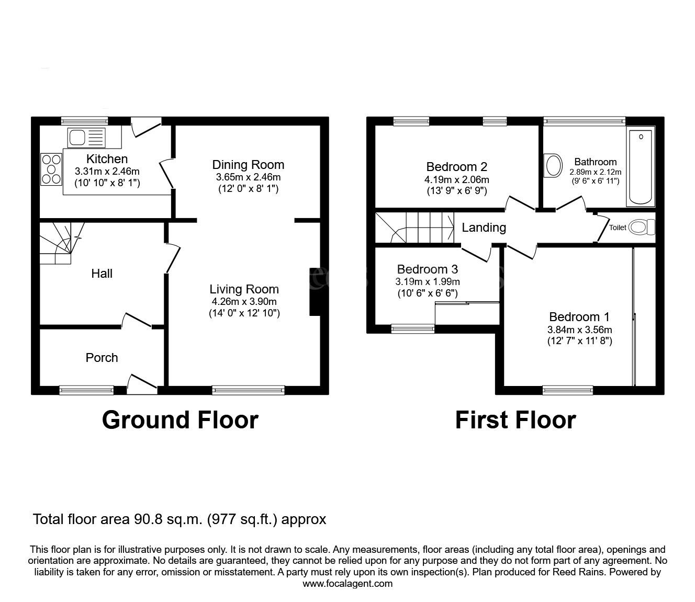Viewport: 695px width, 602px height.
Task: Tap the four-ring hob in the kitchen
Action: [x=51, y=168]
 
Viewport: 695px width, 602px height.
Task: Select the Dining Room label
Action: [x=248, y=165]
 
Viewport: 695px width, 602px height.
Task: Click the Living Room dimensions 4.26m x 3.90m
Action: [x=244, y=301]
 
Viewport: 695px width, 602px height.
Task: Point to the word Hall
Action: [x=102, y=274]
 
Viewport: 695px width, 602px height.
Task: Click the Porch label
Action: [x=102, y=358]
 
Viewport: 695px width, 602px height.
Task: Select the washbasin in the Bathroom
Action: [x=552, y=166]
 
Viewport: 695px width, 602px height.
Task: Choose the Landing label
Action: [x=484, y=228]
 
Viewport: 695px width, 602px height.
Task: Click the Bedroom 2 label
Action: [x=457, y=167]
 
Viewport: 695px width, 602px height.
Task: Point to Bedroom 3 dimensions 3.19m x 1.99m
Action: [x=427, y=281]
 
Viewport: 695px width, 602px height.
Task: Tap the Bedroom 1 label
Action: [x=579, y=317]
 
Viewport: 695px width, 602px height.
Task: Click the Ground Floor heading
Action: [x=180, y=420]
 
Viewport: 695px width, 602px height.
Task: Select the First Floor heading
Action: [x=515, y=420]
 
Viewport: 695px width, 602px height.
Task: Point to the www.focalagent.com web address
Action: [x=347, y=583]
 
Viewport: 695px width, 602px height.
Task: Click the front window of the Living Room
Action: [x=248, y=390]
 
